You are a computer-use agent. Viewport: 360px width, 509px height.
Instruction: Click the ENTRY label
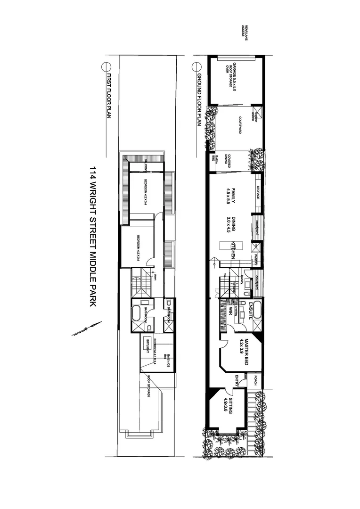[238, 380]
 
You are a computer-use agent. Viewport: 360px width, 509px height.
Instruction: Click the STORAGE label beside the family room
[258, 193]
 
